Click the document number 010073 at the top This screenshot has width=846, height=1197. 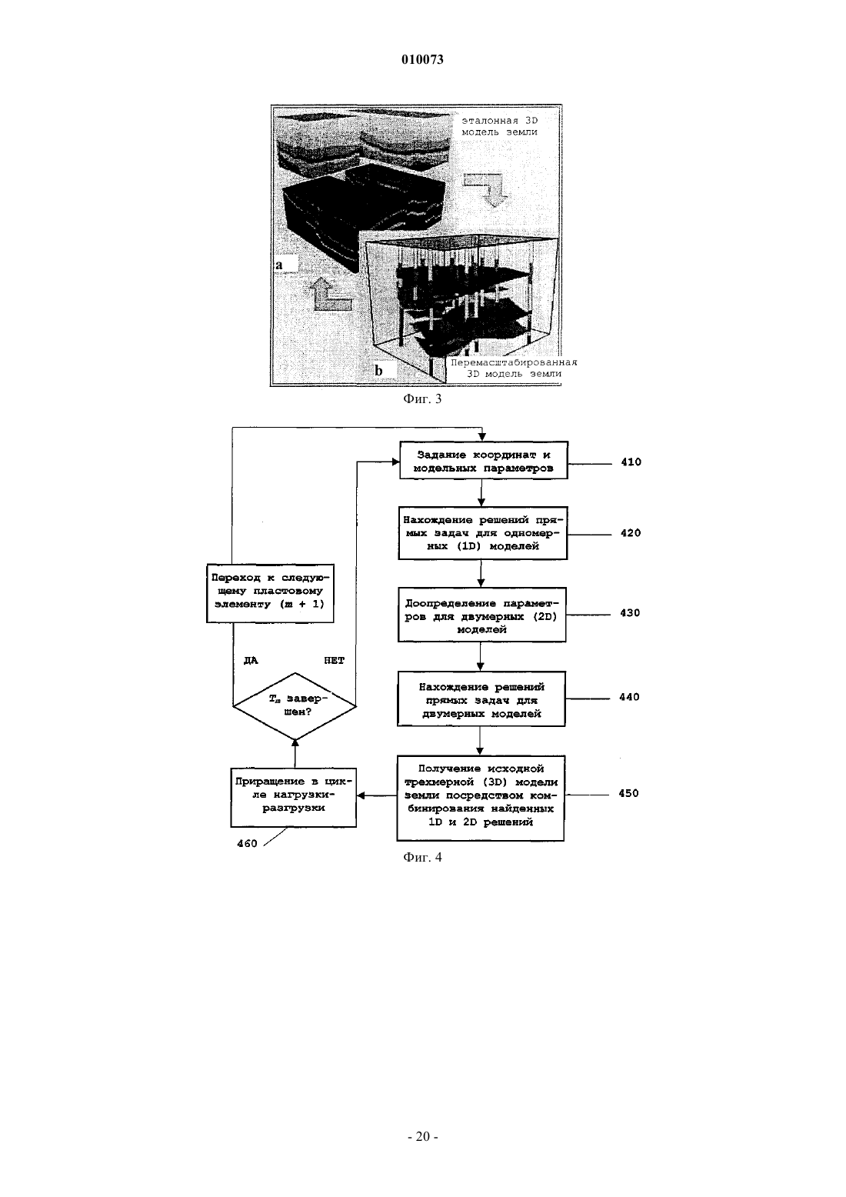click(x=422, y=59)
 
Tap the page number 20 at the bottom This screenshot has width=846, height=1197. click(x=422, y=1136)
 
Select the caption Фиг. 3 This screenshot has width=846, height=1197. click(x=422, y=398)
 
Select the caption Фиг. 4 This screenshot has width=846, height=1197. click(x=422, y=857)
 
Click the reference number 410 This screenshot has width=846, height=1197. click(x=631, y=462)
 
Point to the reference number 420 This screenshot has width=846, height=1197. click(x=630, y=533)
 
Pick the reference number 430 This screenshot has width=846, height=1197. click(x=630, y=613)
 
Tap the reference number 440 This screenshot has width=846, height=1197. click(x=629, y=697)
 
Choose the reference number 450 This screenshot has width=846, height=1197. click(x=628, y=793)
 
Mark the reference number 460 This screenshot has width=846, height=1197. click(x=247, y=844)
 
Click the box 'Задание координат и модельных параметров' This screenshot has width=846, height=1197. click(x=483, y=461)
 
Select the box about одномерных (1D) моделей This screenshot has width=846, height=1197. click(x=483, y=533)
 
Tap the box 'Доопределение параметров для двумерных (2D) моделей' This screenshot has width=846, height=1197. click(x=481, y=615)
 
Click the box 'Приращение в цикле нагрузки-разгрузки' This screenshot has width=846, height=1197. click(x=293, y=797)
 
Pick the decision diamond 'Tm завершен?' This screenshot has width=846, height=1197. click(x=295, y=705)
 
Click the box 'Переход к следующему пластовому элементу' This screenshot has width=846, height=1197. click(x=270, y=593)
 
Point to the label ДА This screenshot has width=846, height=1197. click(x=251, y=661)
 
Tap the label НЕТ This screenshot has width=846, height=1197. click(x=335, y=661)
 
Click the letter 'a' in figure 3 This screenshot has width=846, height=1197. click(x=278, y=265)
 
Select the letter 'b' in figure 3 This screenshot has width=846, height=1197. click(x=378, y=370)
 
